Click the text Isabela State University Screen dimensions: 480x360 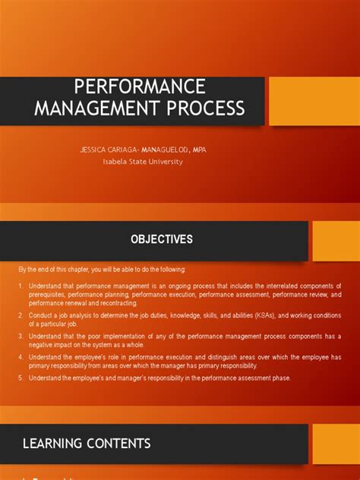tap(143, 161)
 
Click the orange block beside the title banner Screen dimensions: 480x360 tap(314, 101)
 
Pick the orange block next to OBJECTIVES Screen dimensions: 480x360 tap(336, 241)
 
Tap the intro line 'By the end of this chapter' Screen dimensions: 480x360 tap(102, 270)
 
